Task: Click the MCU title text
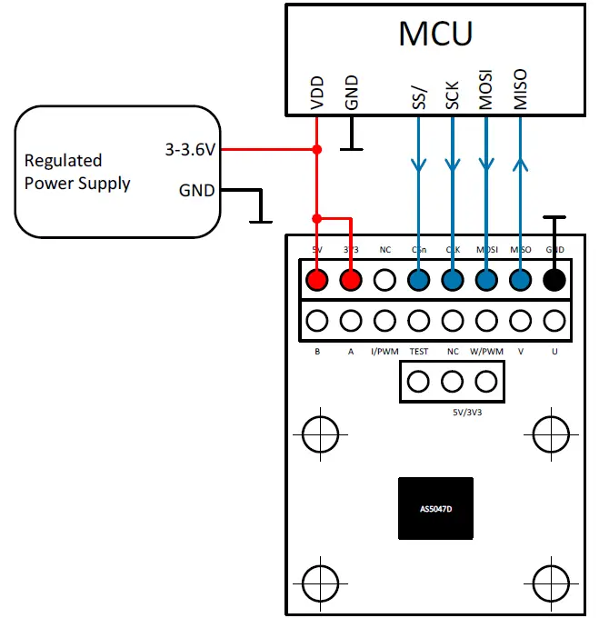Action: point(435,34)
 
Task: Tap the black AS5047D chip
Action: point(435,508)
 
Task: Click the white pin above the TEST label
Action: point(419,321)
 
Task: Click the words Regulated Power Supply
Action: point(77,172)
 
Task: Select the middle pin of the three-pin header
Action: point(453,381)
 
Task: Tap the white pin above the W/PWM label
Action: point(486,321)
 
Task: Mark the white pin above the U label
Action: point(554,321)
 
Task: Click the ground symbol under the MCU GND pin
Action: point(351,145)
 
